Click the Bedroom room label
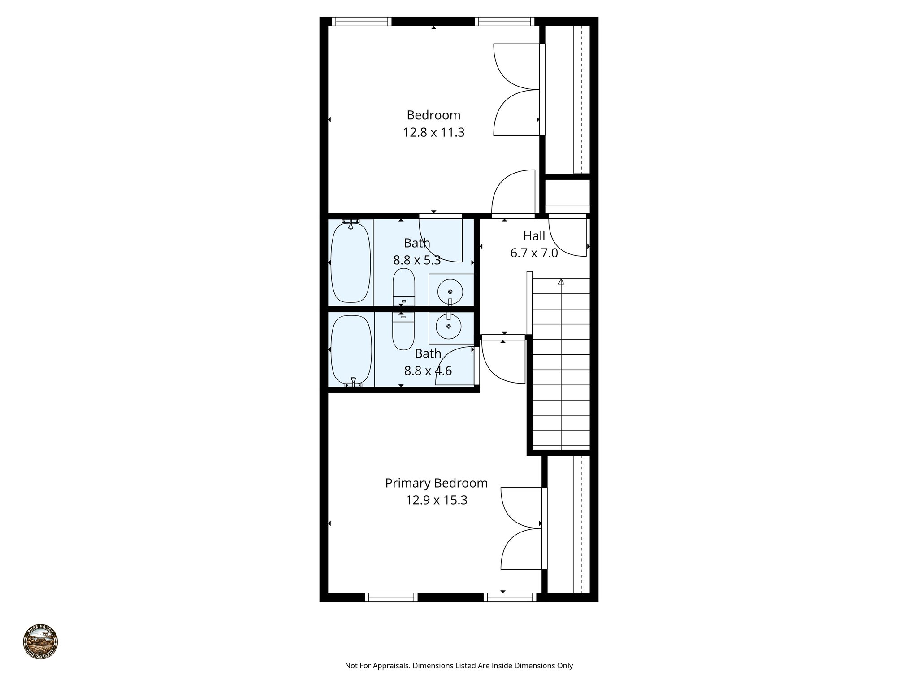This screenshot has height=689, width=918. click(x=433, y=115)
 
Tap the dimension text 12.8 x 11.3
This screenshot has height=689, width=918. click(x=433, y=133)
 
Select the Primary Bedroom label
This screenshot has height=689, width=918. click(x=436, y=483)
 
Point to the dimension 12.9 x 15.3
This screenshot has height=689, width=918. click(x=436, y=500)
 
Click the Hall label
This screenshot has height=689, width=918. click(x=534, y=236)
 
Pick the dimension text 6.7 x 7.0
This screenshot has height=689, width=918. click(x=534, y=253)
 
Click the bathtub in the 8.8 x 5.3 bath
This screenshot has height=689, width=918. click(x=351, y=262)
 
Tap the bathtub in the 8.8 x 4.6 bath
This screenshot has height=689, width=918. click(x=351, y=350)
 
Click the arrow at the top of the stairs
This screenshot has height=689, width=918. click(x=561, y=282)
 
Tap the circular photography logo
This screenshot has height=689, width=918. click(x=40, y=641)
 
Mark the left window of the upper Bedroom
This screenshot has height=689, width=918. click(x=361, y=22)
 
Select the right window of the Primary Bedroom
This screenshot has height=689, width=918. click(x=510, y=597)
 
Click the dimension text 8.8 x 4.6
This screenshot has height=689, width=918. click(x=428, y=371)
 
